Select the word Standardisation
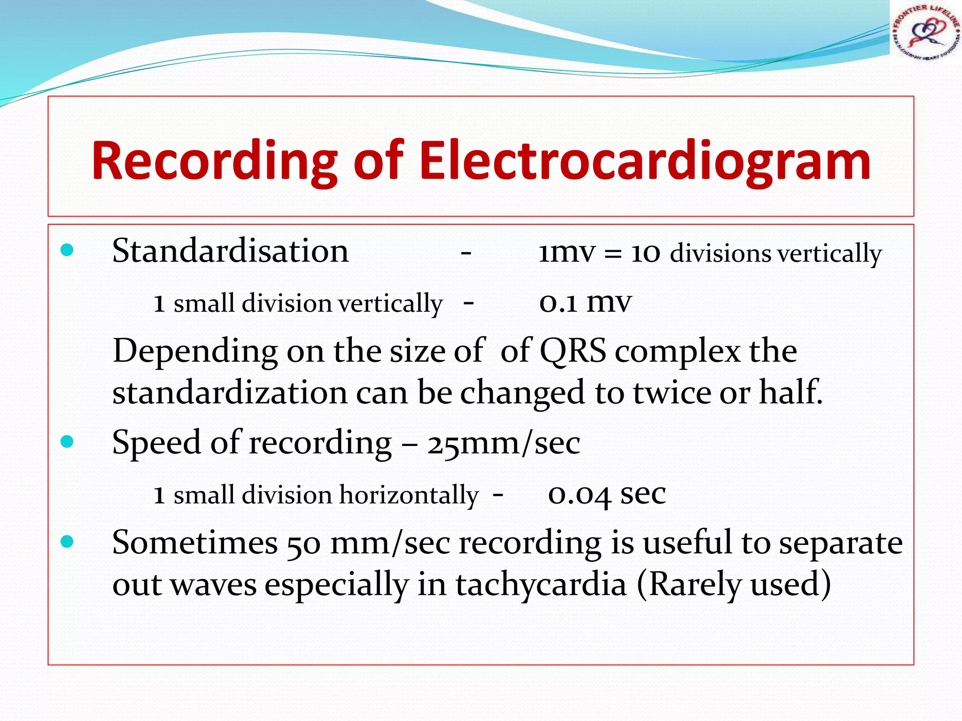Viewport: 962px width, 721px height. click(x=230, y=251)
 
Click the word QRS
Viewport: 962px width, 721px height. click(x=573, y=351)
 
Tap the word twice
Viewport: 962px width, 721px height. click(x=672, y=392)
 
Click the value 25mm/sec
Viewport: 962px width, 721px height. click(x=504, y=443)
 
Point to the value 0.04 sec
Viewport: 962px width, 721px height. click(x=606, y=494)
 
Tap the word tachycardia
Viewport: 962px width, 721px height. click(x=541, y=585)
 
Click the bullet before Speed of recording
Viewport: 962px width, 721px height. click(x=67, y=442)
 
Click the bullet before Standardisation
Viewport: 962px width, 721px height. click(x=67, y=250)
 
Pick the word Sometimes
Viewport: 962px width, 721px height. click(x=195, y=543)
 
